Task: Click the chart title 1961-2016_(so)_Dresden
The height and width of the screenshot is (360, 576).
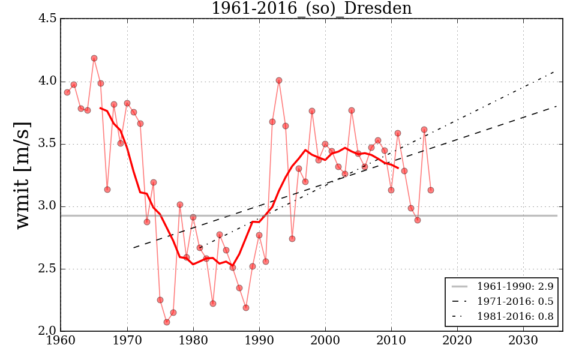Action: point(311,8)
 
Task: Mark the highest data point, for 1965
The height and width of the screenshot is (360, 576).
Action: point(94,58)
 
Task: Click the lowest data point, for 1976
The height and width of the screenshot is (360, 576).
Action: point(167,322)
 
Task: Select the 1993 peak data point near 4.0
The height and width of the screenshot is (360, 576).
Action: point(279,80)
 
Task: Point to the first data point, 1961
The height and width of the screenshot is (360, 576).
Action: point(67,92)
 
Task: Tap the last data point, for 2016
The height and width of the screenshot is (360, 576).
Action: point(431,190)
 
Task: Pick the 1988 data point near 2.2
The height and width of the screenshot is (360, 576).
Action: point(246,308)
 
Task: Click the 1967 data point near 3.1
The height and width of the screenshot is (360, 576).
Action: point(107,190)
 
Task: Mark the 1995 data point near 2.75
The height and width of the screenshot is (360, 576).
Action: point(292,239)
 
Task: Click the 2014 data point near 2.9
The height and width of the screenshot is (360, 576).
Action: point(418,220)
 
